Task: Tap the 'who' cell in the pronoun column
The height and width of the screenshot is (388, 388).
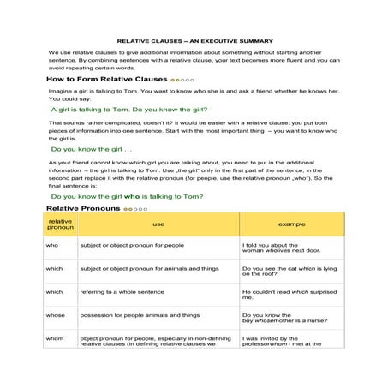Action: point(51,245)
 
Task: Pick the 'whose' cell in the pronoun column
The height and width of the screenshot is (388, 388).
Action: point(55,315)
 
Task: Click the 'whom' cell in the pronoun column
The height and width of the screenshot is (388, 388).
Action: point(55,339)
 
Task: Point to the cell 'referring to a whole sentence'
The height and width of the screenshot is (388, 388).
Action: point(123,291)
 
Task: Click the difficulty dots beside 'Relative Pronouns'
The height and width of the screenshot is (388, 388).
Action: point(135,209)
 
